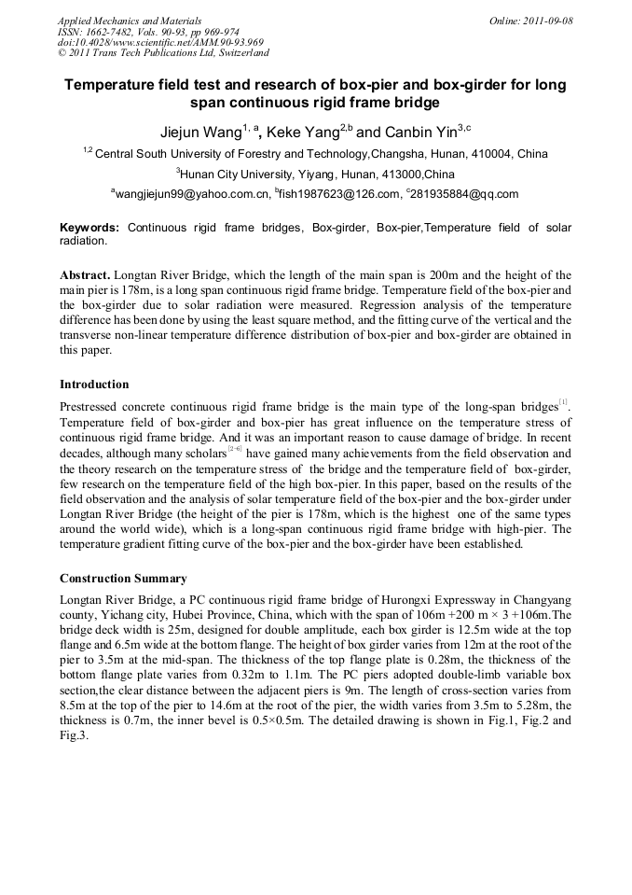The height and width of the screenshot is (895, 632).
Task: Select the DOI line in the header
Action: (x=160, y=42)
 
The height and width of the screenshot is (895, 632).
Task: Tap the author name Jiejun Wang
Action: (x=195, y=133)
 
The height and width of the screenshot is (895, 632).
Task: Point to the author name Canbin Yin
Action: (x=411, y=133)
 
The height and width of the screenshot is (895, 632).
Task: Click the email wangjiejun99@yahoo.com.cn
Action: (x=192, y=194)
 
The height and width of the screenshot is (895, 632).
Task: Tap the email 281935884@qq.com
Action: (x=463, y=194)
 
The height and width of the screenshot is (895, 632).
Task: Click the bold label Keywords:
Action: (x=89, y=228)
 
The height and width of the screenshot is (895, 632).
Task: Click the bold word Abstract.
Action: (x=87, y=276)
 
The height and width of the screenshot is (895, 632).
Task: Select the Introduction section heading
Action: (x=94, y=385)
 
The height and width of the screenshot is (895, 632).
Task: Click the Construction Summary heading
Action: (x=123, y=579)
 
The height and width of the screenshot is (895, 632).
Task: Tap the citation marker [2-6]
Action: (x=235, y=451)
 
